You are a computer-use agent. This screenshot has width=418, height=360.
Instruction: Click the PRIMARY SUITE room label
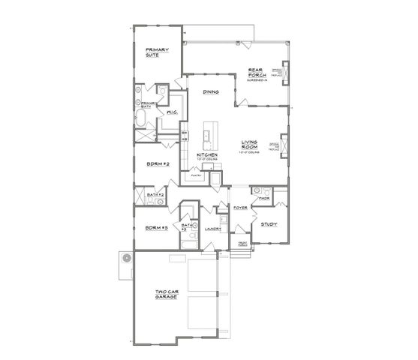coord(157,53)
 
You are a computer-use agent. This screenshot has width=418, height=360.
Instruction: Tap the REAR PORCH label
coord(258,75)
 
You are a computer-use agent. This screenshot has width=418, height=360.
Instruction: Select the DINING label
coord(211,92)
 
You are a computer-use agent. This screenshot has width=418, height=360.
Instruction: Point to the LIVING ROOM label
coord(250,144)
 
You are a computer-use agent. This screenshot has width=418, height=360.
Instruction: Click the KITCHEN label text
coord(207,155)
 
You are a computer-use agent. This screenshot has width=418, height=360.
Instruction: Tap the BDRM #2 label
coord(158,163)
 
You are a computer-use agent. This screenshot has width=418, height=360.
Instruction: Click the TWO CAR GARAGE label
coord(167,295)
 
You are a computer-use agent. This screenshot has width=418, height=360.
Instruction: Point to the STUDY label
coord(269,223)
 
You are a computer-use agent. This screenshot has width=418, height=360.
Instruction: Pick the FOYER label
coord(241,207)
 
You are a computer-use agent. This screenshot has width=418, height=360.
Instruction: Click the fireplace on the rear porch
coord(286,75)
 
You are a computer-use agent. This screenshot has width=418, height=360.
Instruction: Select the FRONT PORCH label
coord(242,244)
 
